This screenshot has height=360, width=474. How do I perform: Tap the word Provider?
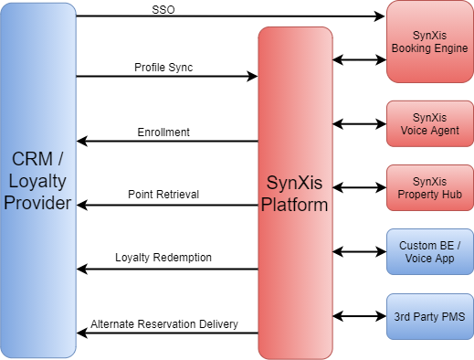tap(37, 203)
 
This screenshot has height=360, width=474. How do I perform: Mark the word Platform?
tap(294, 204)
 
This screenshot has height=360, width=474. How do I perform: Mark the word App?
tap(443, 259)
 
